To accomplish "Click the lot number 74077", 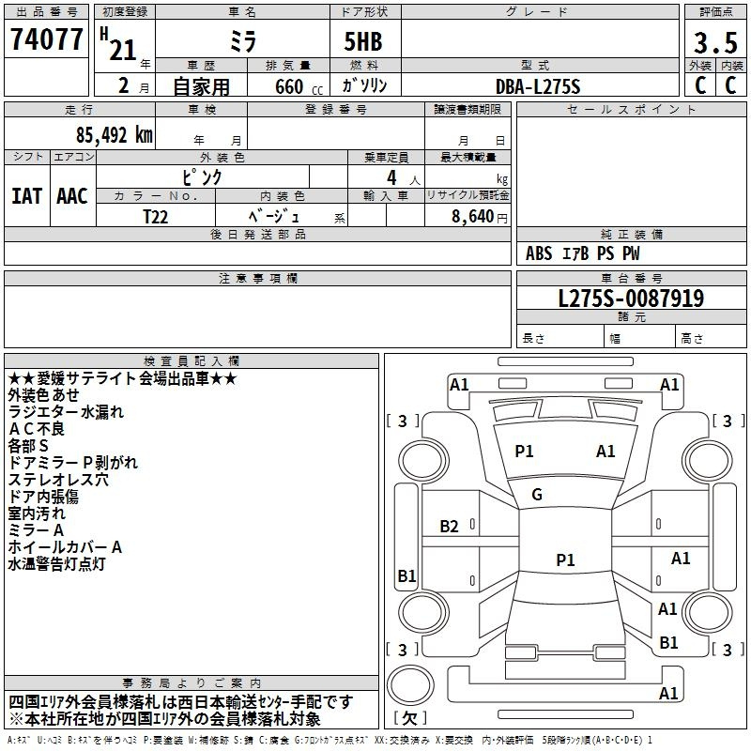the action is [46, 38].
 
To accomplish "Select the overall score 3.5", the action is [715, 42].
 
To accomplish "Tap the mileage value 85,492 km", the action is [114, 134].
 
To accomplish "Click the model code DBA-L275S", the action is [538, 86].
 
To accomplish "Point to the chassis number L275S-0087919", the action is [631, 299].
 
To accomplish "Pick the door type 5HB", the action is [363, 41].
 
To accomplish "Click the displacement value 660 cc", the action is [299, 86].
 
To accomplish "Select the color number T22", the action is [156, 217].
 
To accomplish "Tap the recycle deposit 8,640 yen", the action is [480, 217].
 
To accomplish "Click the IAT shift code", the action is [27, 196].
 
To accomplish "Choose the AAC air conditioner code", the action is [72, 196].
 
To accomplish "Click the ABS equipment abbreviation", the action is [539, 253].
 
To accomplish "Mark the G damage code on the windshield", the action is [537, 495].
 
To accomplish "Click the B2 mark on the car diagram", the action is [450, 527].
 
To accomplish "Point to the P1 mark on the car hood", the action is [524, 452].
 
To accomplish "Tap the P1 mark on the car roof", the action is [565, 559].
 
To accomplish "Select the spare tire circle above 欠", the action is [410, 685].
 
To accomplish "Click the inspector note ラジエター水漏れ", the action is [66, 412].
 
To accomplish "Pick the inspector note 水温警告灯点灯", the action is [56, 564].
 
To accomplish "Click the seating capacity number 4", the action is [391, 177].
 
